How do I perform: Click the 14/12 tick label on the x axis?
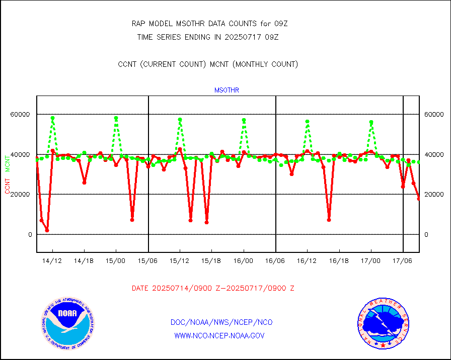point(52,261)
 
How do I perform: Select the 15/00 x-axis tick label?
point(116,261)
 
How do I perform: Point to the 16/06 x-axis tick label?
point(276,261)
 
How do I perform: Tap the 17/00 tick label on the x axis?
point(371,261)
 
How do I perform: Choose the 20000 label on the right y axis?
point(433,195)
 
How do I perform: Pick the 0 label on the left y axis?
point(30,235)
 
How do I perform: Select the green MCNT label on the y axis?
point(8,163)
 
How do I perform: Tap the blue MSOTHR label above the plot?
point(227,91)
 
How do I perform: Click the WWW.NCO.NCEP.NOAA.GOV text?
point(219,335)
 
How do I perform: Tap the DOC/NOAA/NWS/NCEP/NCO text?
point(222,322)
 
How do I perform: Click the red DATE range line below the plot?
point(213,289)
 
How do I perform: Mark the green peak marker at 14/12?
point(52,118)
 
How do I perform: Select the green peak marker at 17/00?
point(371,122)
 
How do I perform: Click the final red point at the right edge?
point(419,199)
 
